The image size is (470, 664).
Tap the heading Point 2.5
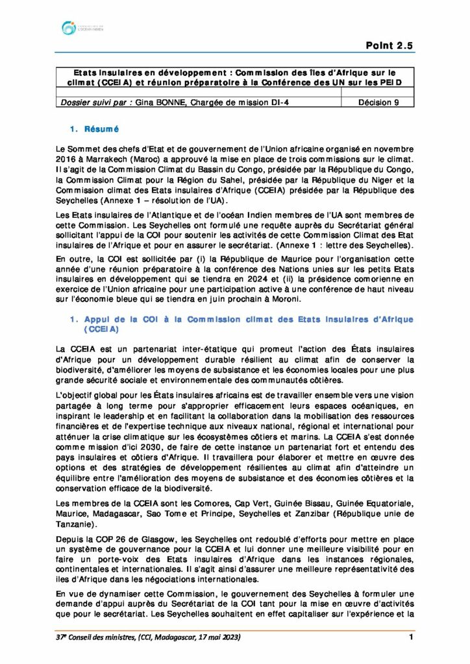[x=390, y=45]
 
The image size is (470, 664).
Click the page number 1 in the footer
[x=412, y=638]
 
